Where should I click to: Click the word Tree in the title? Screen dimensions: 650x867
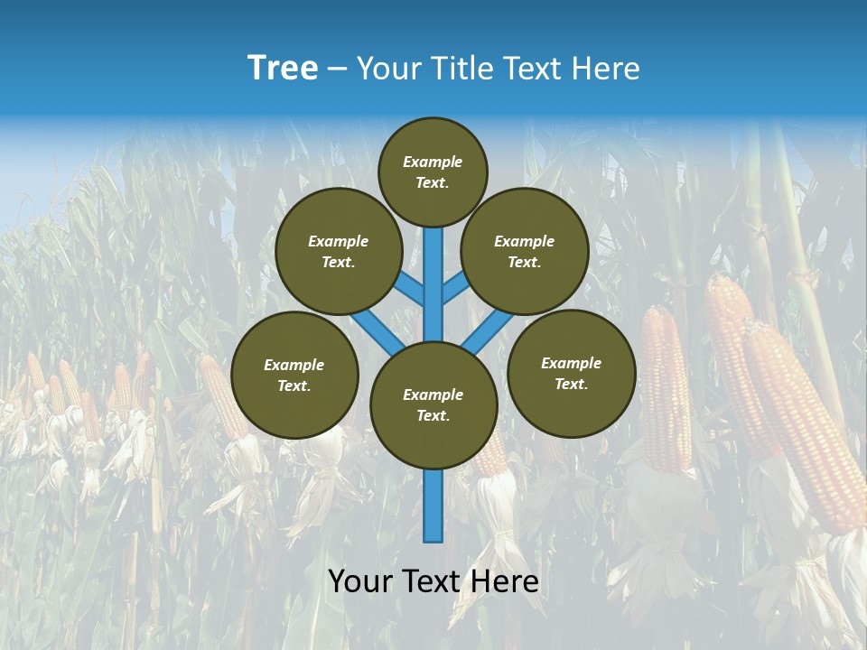[283, 69]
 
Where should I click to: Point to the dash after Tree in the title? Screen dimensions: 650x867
[338, 70]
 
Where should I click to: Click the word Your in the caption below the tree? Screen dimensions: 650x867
[360, 581]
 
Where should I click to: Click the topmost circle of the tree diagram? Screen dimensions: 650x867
[433, 172]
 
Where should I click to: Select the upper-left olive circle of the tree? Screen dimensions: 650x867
[338, 251]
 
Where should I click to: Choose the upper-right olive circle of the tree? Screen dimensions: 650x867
[525, 251]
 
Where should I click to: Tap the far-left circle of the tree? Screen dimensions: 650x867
[294, 375]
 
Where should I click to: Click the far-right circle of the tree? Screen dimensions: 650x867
[572, 373]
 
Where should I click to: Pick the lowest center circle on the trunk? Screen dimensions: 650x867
[433, 404]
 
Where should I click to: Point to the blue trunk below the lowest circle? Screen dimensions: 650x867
[433, 506]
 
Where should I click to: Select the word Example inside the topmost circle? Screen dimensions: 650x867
[433, 162]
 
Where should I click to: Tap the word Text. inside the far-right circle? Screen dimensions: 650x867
[571, 384]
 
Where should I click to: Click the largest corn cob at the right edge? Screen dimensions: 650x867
[804, 424]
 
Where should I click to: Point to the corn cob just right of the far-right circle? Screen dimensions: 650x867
[666, 388]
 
